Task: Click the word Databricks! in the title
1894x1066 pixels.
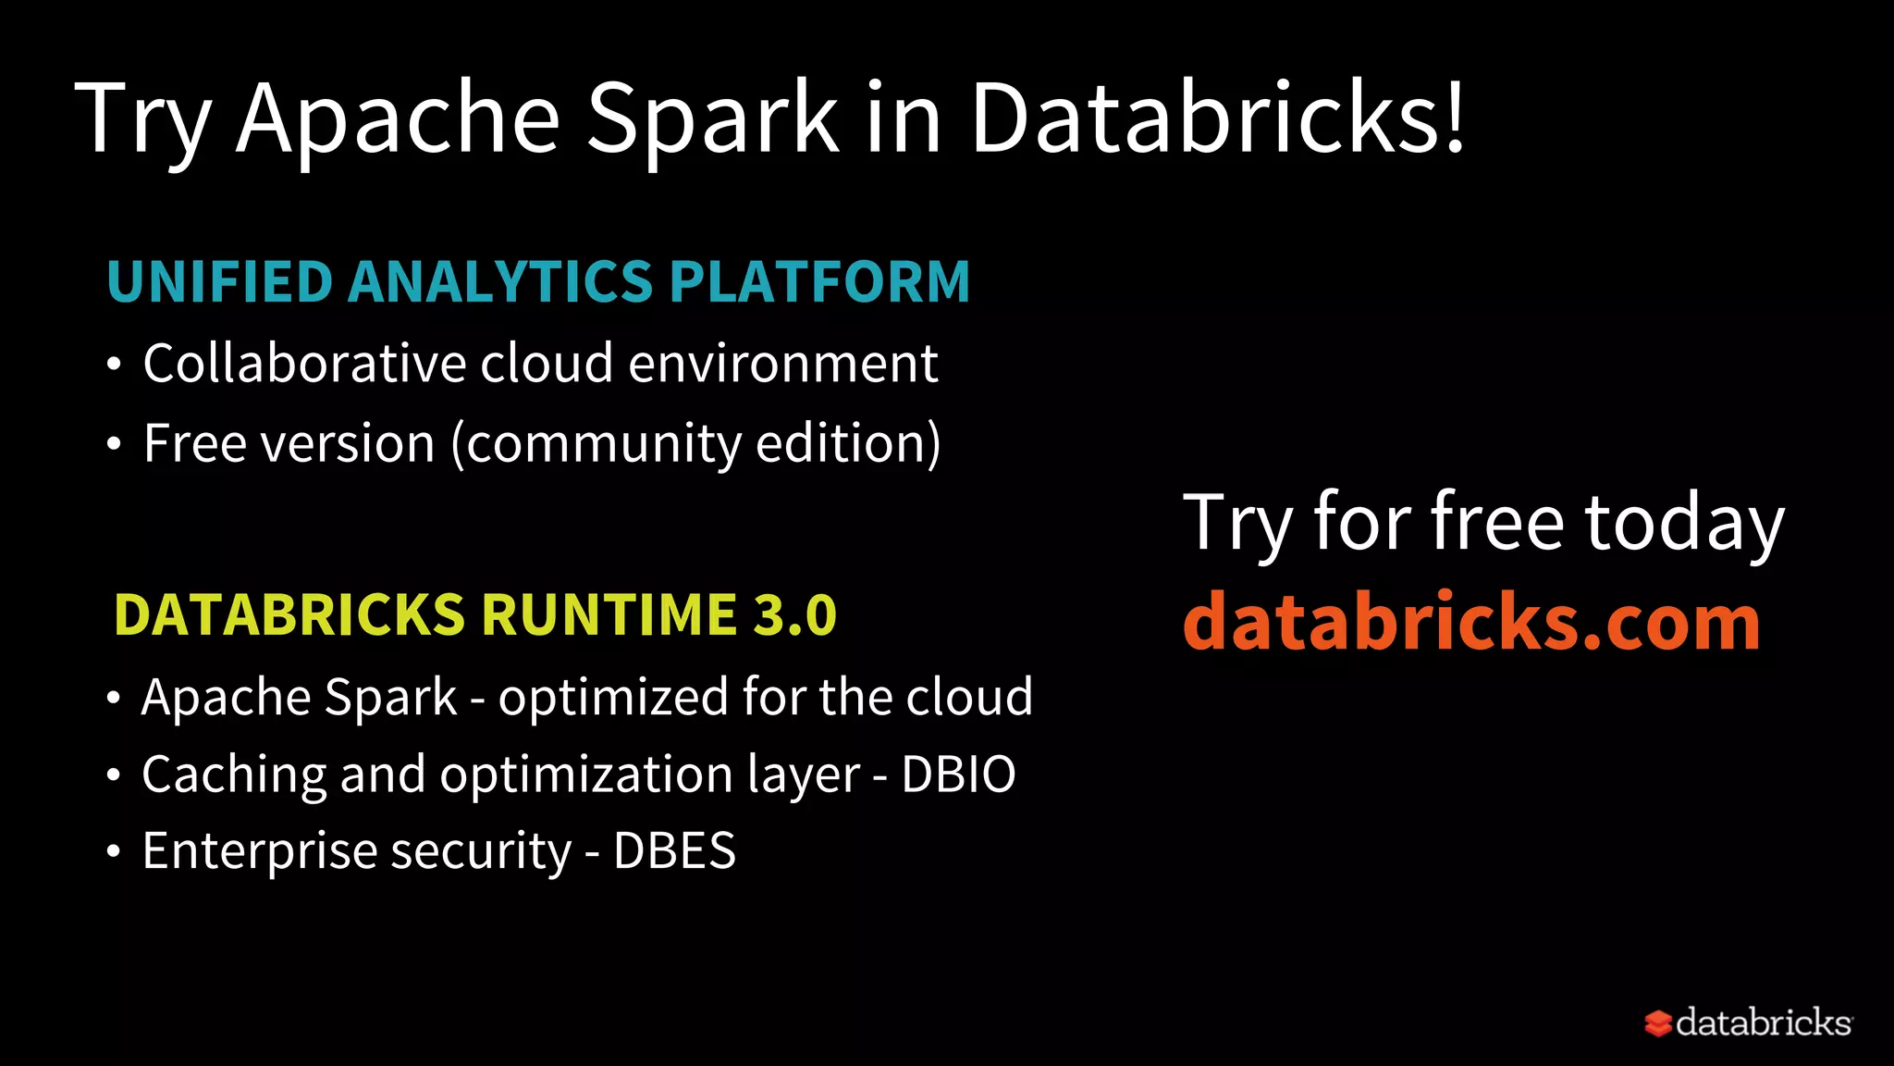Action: pos(1217,118)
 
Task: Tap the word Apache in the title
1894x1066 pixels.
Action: pos(398,118)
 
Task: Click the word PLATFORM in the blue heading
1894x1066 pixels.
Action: pos(819,281)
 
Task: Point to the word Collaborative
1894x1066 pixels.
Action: pos(302,363)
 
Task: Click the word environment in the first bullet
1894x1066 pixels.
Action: pos(783,363)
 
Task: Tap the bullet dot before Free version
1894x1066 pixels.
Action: pos(114,445)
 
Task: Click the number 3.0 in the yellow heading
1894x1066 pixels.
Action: pos(795,615)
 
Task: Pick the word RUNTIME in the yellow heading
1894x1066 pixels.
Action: pos(609,615)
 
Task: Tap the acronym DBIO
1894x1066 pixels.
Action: pos(958,775)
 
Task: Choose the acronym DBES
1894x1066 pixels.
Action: pos(674,851)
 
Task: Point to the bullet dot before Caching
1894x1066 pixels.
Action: pos(113,775)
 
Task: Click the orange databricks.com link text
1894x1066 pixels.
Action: pos(1471,621)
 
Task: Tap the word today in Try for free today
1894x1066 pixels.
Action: pos(1684,523)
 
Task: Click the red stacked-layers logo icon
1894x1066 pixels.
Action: pos(1657,1023)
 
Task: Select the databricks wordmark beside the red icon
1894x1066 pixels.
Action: pos(1763,1023)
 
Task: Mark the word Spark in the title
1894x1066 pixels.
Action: pos(712,118)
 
